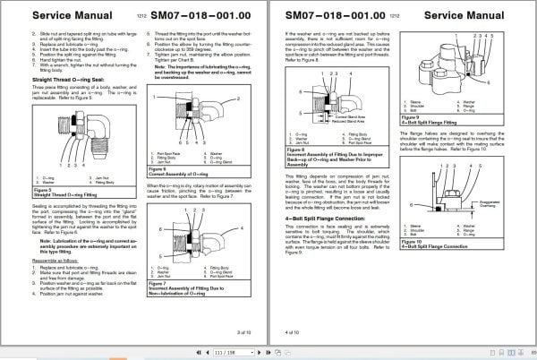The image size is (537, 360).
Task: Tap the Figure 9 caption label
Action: coord(413,116)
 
